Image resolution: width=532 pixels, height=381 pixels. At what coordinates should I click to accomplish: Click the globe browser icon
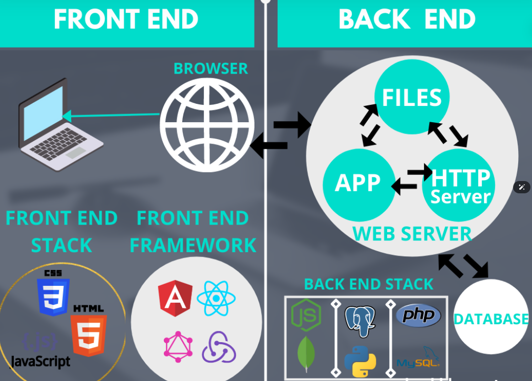(x=207, y=125)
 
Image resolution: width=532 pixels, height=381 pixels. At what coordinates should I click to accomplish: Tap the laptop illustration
(x=59, y=125)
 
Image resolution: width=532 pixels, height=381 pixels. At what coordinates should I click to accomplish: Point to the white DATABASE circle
(x=491, y=318)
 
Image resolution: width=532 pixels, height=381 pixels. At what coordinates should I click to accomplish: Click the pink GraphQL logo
(x=178, y=346)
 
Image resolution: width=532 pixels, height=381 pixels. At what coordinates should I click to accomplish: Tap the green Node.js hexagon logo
(x=306, y=315)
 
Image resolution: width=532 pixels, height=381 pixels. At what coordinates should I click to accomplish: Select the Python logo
(x=360, y=361)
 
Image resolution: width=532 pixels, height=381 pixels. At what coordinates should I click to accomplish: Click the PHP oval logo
(x=418, y=315)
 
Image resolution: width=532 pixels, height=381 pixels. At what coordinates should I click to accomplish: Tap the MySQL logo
(x=418, y=358)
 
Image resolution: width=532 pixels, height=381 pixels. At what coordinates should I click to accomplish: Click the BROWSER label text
(x=210, y=69)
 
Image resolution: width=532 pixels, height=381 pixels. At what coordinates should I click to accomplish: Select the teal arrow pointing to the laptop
(x=111, y=116)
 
